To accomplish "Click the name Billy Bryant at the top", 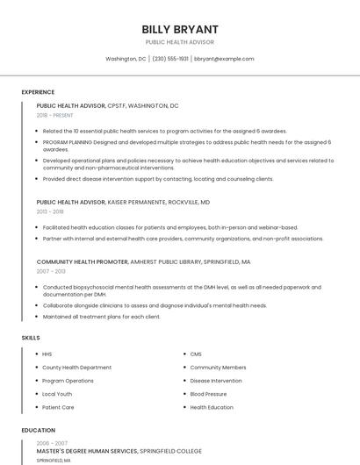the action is pos(180,29).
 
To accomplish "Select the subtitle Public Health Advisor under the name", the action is pos(180,42).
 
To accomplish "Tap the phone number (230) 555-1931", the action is pos(170,59).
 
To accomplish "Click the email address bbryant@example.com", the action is pos(224,59).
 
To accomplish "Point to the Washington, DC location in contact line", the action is pos(126,59).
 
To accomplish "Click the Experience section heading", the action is pos(38,92).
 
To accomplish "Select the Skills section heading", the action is pos(30,337).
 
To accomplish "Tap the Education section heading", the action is pos(38,430).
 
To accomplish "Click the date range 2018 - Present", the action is pos(54,115).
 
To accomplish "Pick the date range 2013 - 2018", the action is pos(50,211).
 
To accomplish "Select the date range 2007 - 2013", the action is pos(50,271).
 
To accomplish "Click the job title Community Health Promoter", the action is pos(83,261).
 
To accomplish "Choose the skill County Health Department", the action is pos(77,368).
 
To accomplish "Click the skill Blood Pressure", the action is pos(208,394).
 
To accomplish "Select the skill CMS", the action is pos(196,354).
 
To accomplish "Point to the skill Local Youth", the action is pos(58,394).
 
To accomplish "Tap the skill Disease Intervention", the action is pos(216,381).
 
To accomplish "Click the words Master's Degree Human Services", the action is pos(87,451).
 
